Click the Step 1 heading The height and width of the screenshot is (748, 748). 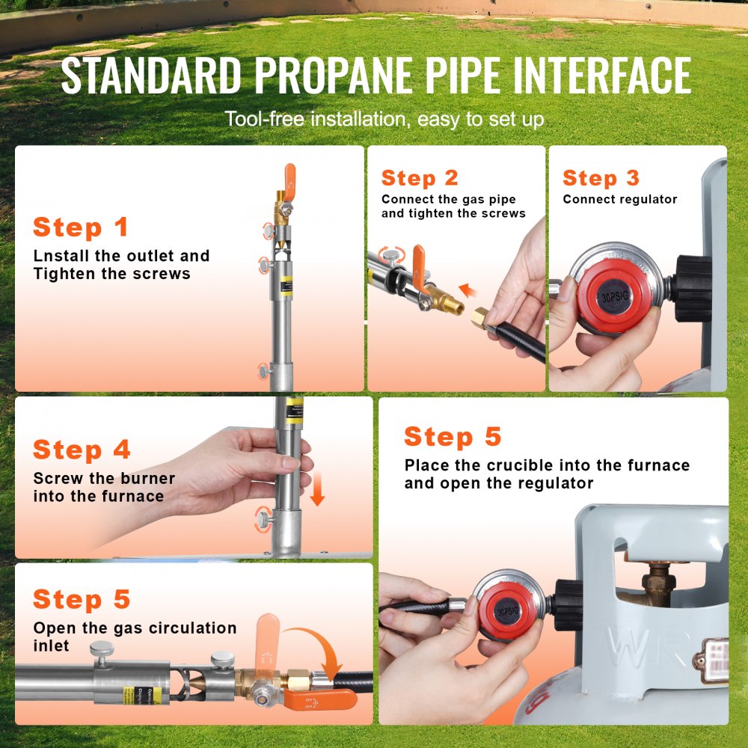[81, 227]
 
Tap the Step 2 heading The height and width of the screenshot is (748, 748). [419, 178]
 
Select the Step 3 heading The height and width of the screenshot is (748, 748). [601, 178]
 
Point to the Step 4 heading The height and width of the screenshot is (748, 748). [82, 450]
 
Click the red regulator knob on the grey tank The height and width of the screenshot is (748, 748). [508, 610]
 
